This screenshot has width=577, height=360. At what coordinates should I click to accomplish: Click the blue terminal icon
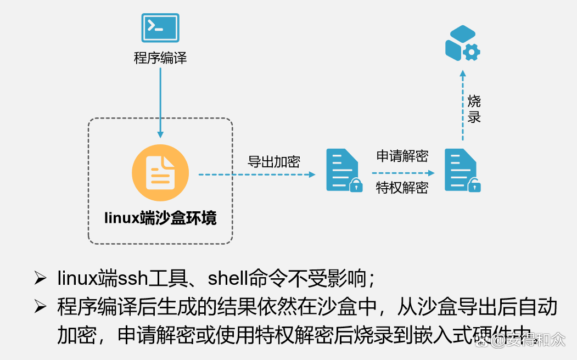(160, 28)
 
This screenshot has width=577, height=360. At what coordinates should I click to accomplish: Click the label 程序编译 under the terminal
(160, 58)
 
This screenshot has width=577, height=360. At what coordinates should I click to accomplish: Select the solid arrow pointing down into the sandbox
(160, 103)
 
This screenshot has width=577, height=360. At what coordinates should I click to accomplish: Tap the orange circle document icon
(160, 173)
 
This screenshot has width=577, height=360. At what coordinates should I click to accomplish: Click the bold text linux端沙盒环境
(160, 218)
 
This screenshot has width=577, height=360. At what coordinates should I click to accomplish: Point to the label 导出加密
(274, 162)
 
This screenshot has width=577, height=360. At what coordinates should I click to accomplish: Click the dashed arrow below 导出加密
(257, 175)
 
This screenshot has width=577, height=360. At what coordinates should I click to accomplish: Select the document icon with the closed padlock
(344, 170)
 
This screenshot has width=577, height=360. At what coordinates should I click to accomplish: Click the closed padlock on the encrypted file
(356, 185)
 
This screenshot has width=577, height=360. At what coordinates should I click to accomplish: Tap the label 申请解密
(402, 156)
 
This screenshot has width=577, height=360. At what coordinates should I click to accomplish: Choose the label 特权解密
(402, 188)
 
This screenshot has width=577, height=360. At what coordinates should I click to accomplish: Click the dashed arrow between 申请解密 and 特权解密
(404, 173)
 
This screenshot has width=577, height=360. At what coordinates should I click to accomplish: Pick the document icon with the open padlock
(463, 170)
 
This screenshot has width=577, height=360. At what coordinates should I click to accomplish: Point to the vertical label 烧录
(474, 109)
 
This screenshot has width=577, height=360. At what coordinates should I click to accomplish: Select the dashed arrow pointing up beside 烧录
(463, 105)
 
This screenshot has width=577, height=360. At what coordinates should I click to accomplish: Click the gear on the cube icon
(472, 52)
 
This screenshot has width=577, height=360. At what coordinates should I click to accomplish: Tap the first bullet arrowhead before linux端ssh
(40, 278)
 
